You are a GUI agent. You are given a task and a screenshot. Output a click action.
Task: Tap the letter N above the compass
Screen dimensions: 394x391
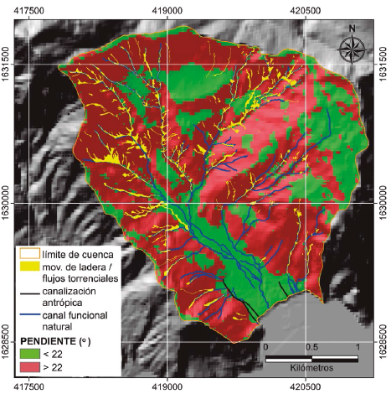click(352, 30)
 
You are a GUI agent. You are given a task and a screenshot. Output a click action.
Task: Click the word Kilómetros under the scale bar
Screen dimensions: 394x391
click(311, 369)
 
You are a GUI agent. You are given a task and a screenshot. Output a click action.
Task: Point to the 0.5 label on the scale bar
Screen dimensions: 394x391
click(311, 346)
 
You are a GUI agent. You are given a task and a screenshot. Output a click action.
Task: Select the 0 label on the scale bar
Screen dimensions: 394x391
click(265, 346)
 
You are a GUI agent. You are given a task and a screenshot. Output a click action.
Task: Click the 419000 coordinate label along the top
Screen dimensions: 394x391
click(167, 8)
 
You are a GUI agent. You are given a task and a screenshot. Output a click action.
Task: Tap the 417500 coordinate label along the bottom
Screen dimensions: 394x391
click(31, 387)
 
